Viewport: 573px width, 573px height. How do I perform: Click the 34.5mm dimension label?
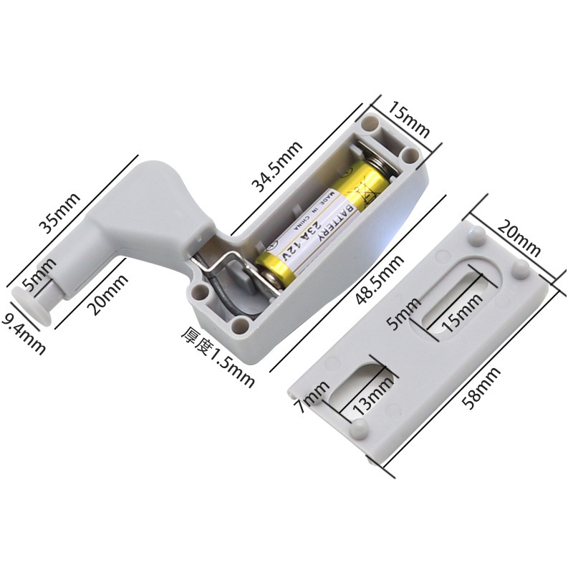(x=277, y=166)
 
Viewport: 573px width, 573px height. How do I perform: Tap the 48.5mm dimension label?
(x=380, y=279)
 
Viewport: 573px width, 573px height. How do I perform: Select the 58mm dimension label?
(x=481, y=388)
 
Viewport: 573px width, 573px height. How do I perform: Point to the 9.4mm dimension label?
(x=24, y=334)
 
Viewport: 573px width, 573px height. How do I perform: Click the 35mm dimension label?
(x=59, y=213)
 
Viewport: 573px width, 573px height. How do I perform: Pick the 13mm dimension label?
(x=373, y=394)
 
